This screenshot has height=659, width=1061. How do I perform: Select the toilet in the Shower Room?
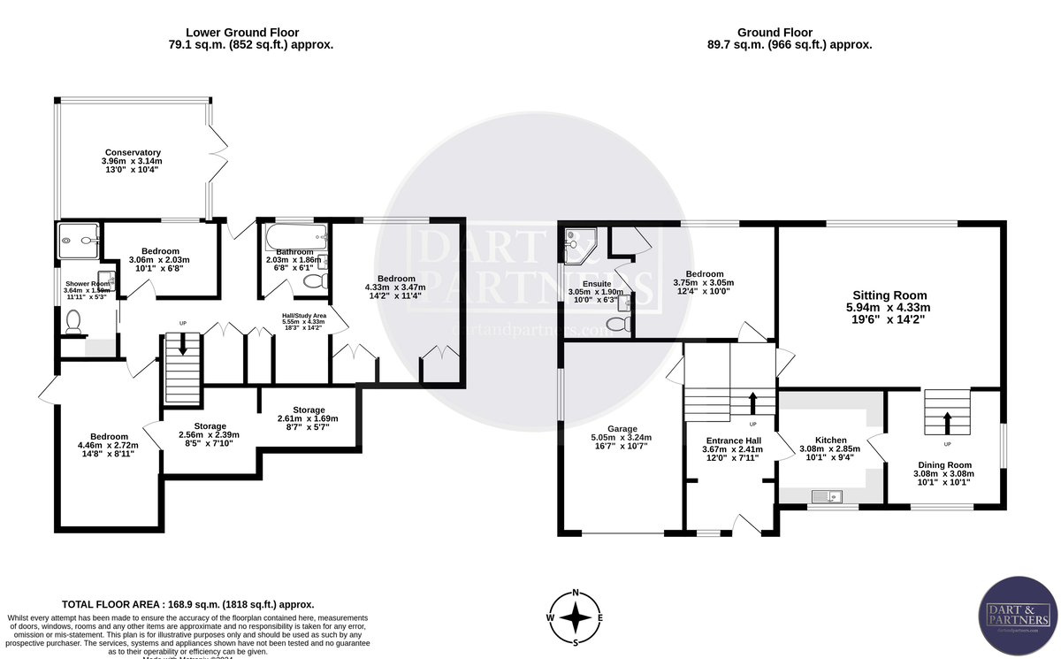[x=73, y=322]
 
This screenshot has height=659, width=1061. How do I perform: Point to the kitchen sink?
[x=832, y=497]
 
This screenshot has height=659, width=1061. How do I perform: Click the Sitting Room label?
[x=889, y=295]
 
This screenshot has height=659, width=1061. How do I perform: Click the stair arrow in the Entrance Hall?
[x=752, y=402]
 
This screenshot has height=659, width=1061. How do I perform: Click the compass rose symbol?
[x=576, y=617]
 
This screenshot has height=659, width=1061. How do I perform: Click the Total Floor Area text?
[x=187, y=603]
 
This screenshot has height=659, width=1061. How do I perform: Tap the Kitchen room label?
[x=830, y=440]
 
